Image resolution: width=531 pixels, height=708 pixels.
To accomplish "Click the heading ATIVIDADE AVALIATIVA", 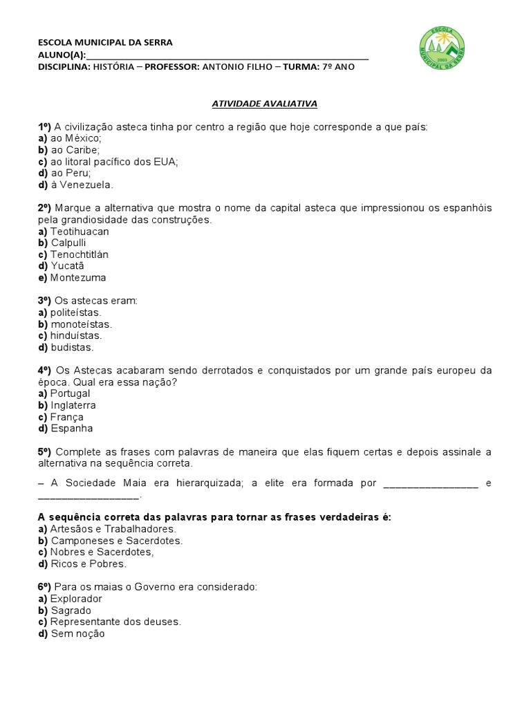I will point(263,103).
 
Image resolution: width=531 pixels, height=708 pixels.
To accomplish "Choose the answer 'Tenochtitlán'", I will point(79,254).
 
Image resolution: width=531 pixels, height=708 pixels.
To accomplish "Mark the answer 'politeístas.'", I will point(75,313).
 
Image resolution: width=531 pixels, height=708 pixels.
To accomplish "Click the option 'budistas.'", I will point(71,348).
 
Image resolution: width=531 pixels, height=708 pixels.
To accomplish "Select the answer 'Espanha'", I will point(71,429).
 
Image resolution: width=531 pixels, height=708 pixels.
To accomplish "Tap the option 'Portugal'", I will point(70,393).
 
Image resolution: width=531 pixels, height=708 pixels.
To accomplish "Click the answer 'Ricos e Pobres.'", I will point(88,563).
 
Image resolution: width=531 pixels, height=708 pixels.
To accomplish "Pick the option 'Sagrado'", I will point(71,611).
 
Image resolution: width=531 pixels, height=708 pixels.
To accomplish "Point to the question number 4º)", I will point(45,371).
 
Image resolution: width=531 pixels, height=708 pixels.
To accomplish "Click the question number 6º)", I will point(45,587).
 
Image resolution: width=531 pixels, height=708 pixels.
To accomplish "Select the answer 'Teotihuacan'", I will point(80,232).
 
